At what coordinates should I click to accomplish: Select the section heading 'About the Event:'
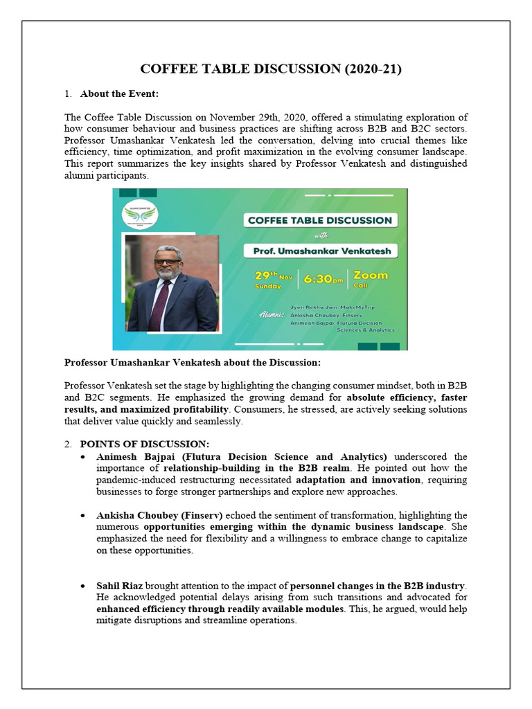coord(122,93)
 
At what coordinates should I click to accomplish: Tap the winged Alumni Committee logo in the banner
coord(141,215)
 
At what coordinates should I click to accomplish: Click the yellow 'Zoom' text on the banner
coord(371,275)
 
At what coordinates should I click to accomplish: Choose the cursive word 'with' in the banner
coord(320,235)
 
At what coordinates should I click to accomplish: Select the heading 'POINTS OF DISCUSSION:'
coord(144,444)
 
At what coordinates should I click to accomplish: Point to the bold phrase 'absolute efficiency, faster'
coord(407,397)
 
